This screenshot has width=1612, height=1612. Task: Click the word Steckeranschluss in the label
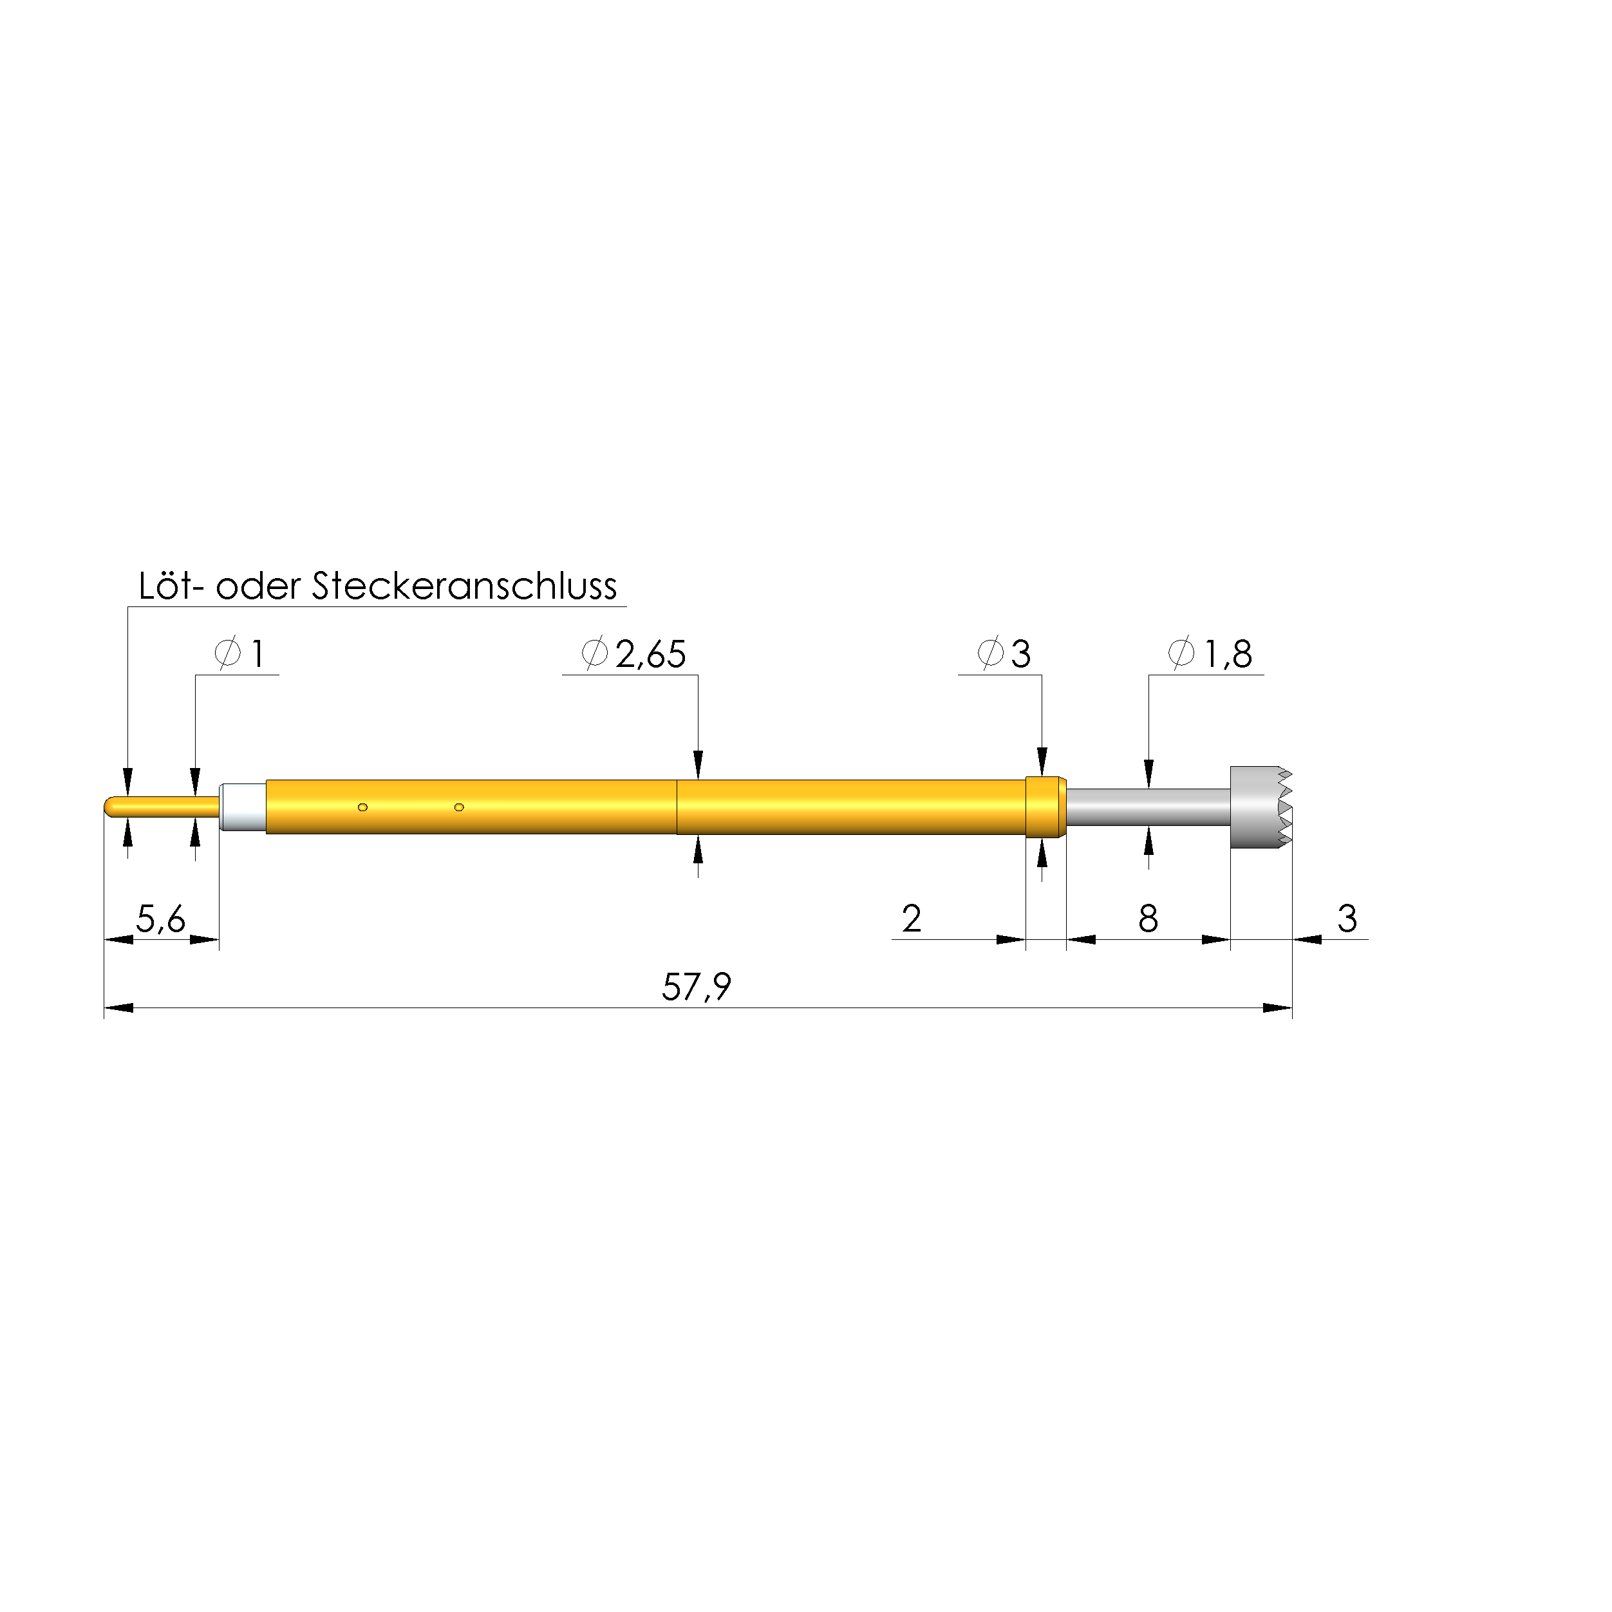click(x=464, y=586)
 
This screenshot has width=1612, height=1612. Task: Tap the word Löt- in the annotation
click(x=171, y=586)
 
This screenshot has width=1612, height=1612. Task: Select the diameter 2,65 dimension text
click(x=634, y=654)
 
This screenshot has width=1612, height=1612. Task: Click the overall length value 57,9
click(x=697, y=987)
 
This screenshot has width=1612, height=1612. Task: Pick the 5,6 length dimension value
click(x=161, y=919)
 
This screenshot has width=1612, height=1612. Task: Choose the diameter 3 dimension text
click(x=1004, y=654)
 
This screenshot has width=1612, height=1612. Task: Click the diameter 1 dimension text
click(x=239, y=654)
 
